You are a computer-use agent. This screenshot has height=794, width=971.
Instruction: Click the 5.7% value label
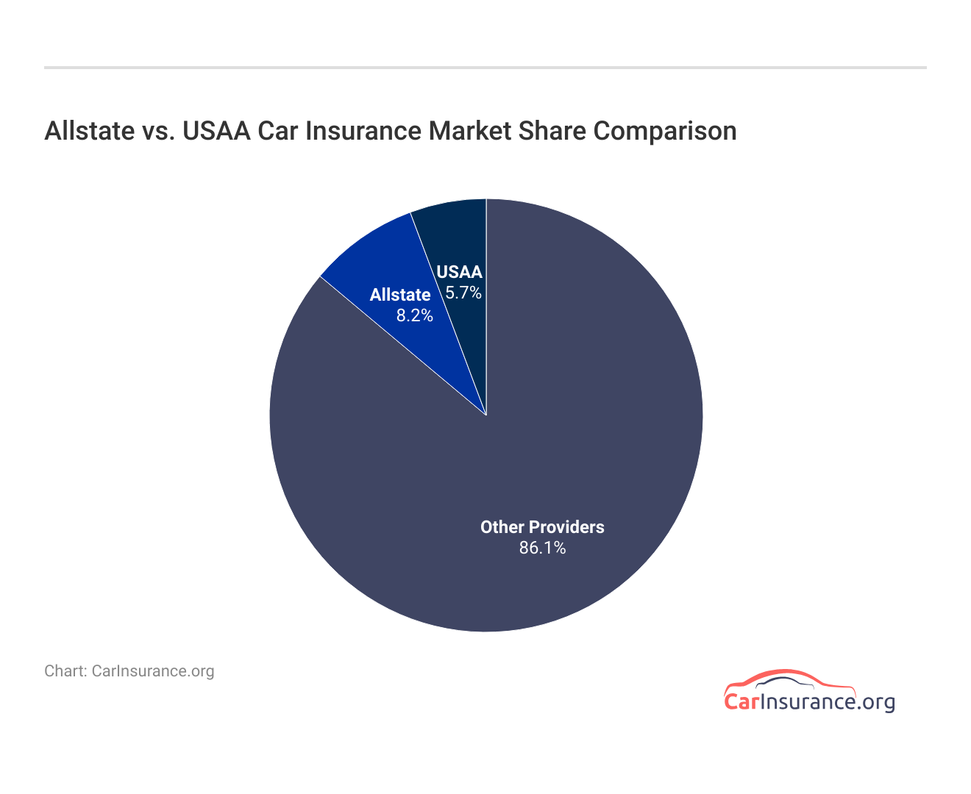coord(463,293)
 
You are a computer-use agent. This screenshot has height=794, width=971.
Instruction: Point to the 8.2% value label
coord(415,315)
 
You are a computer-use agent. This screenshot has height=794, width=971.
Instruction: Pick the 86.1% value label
coord(542,547)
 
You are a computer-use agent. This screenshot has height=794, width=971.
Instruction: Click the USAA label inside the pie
coord(459,272)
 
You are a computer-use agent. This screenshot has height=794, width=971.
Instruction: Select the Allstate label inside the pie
coord(400,295)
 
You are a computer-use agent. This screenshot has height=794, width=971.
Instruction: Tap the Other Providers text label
coord(542,527)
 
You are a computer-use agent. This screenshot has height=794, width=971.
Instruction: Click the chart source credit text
coord(129,670)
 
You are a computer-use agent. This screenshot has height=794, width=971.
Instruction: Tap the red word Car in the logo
coord(740,701)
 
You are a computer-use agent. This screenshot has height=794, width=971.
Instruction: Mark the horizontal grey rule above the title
coord(485,68)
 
